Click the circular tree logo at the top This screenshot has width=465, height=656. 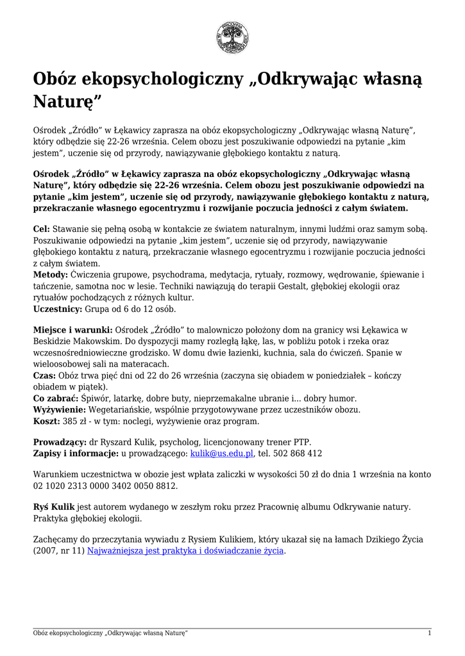tap(232, 37)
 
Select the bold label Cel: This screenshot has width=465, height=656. tap(41, 229)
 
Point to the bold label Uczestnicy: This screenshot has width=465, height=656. tap(58, 309)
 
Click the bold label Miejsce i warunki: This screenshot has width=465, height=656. tap(72, 330)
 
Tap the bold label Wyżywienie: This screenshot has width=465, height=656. tap(59, 410)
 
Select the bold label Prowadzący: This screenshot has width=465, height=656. tap(60, 442)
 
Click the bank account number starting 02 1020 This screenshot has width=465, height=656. tap(105, 486)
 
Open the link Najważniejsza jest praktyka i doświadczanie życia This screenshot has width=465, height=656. tap(185, 551)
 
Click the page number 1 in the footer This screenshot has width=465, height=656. tap(429, 633)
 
